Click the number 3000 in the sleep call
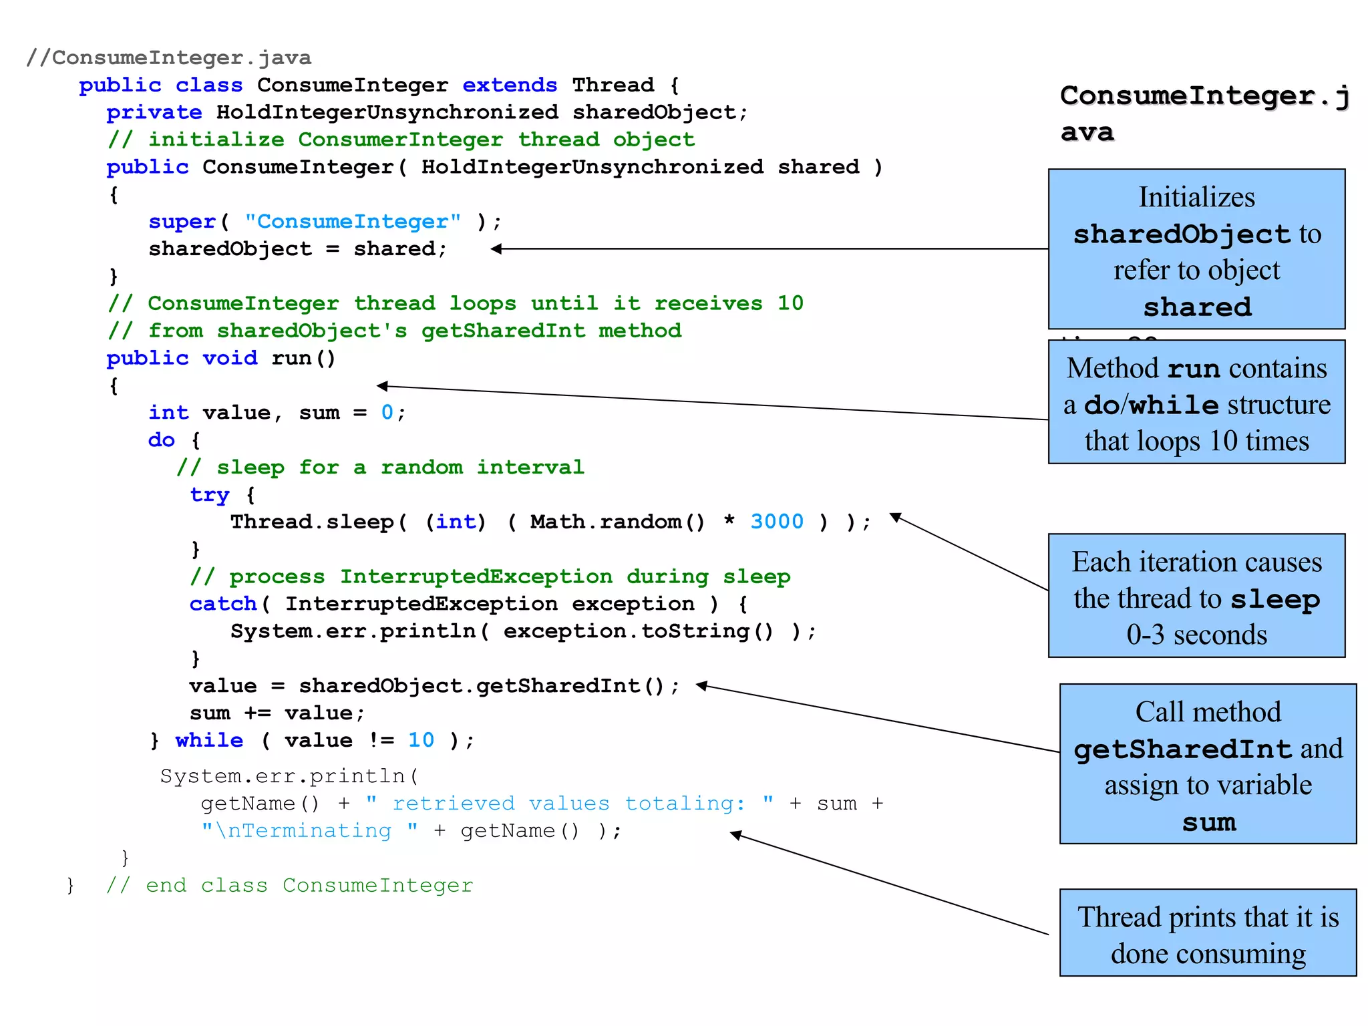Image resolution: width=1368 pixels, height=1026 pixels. [x=776, y=522]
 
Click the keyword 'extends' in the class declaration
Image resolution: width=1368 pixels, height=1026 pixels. [x=509, y=85]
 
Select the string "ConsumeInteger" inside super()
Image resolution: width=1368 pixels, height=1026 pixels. [x=352, y=222]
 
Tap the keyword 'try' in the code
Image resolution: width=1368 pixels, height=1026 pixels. [x=209, y=495]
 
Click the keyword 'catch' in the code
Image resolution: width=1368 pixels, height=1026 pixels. [x=222, y=604]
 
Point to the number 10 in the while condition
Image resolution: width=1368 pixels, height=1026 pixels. [x=421, y=740]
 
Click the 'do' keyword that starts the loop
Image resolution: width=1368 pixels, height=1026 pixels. [x=161, y=440]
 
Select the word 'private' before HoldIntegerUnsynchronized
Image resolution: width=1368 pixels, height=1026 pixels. [x=154, y=113]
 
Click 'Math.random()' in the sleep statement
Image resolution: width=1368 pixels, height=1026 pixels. [x=617, y=522]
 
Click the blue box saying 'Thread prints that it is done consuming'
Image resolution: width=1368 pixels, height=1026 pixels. [x=1208, y=933]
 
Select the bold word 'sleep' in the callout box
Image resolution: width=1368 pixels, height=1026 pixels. [x=1274, y=599]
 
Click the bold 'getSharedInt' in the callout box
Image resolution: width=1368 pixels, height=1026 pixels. [x=1182, y=749]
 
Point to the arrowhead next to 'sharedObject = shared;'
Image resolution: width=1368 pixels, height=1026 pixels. [x=496, y=249]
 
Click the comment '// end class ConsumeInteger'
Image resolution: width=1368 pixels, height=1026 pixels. [x=289, y=886]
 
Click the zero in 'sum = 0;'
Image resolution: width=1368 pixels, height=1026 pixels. [x=387, y=413]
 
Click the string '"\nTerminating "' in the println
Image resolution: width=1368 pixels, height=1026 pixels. [x=310, y=831]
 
